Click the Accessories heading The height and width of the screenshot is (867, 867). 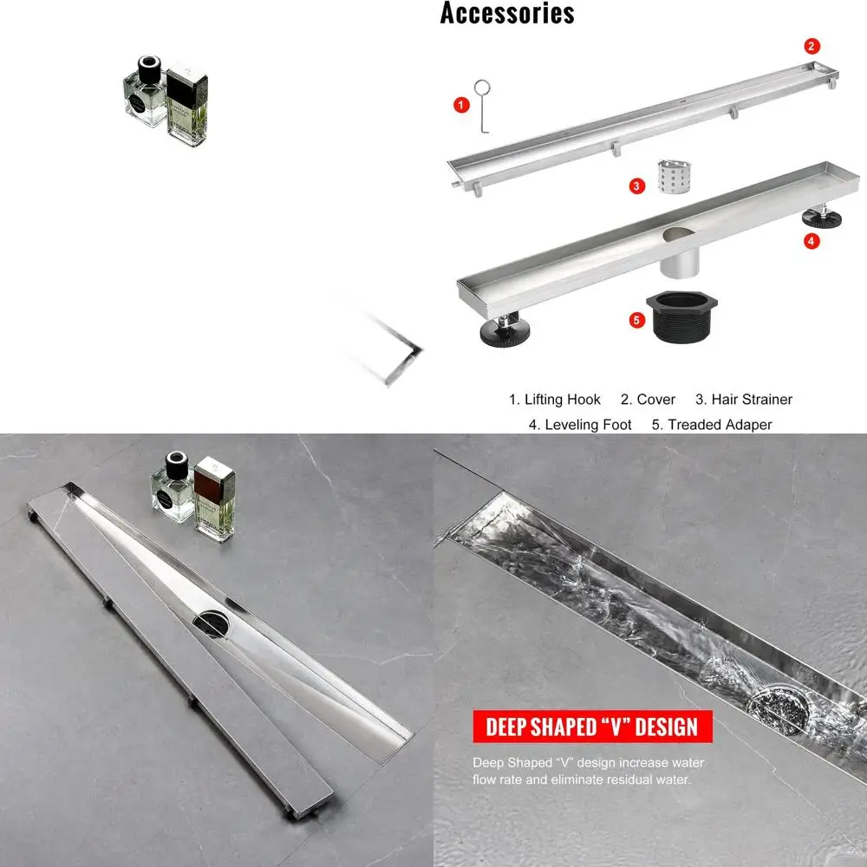507,13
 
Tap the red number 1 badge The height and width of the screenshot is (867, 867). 461,105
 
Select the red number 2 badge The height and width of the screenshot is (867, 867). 812,46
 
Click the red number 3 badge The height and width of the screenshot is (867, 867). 637,185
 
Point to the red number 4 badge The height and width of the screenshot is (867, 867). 812,241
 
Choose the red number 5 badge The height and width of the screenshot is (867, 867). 637,320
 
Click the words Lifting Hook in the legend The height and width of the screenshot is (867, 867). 555,400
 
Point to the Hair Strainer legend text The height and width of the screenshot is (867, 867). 744,400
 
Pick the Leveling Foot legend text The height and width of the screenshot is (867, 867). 580,425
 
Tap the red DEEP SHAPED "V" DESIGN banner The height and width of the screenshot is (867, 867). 592,727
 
